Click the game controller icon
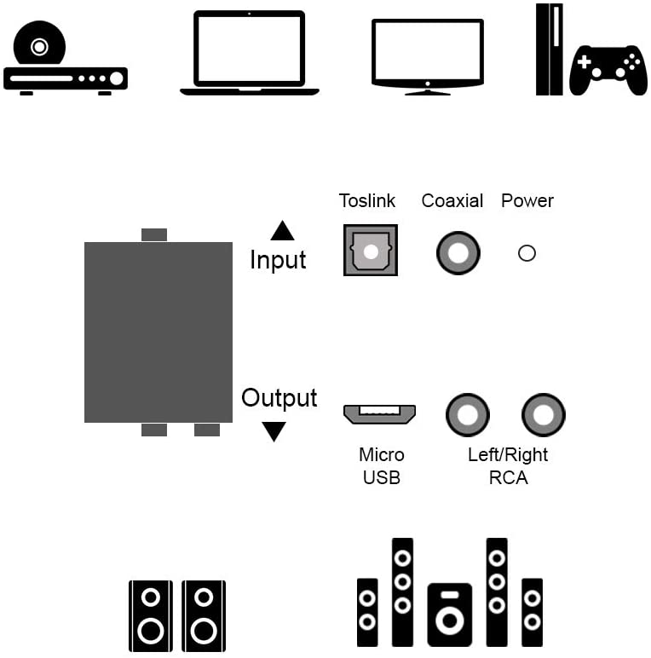click(608, 70)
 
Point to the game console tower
click(549, 49)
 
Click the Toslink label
click(367, 201)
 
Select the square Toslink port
click(371, 250)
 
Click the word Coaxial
click(452, 201)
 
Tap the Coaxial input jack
click(458, 253)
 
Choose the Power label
click(527, 201)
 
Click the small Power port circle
click(527, 253)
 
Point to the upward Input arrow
click(282, 231)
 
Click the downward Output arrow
click(274, 431)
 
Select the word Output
click(279, 398)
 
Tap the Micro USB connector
click(379, 413)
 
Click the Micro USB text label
click(381, 465)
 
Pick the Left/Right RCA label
click(508, 465)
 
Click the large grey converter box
click(158, 332)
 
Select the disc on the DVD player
click(39, 47)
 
